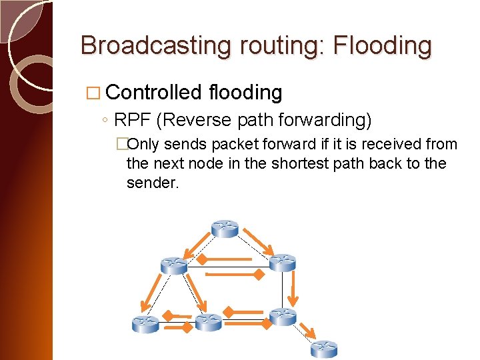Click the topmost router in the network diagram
click(x=225, y=229)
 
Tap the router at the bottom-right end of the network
click(x=325, y=348)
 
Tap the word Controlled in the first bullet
click(x=153, y=92)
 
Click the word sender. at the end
click(x=153, y=183)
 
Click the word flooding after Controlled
click(x=245, y=92)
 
